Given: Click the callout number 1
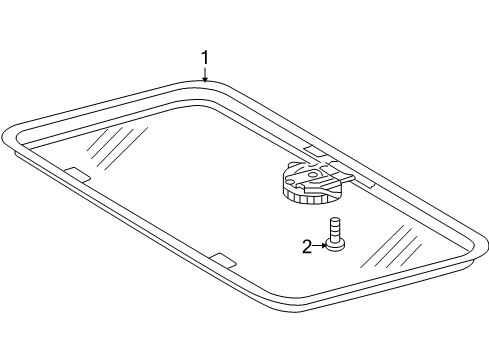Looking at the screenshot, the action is pos(205,58).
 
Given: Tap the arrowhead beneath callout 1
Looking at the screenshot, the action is pos(205,80).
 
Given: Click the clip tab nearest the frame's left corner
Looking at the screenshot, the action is pos(76,173).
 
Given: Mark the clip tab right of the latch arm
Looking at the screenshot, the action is pos(368,184).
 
